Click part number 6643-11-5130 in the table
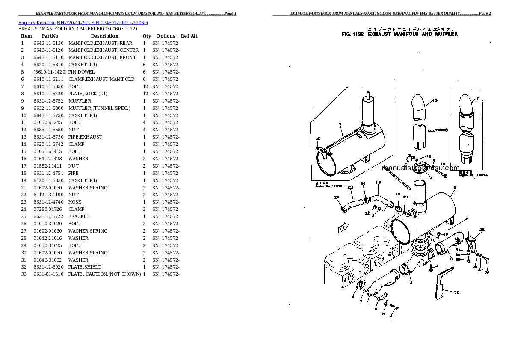[48, 43]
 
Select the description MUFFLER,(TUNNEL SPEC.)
[99, 108]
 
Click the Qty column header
[147, 36]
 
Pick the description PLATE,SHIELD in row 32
[85, 267]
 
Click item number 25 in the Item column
[24, 216]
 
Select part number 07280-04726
[47, 209]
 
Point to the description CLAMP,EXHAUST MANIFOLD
[101, 79]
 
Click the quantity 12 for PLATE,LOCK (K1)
[145, 94]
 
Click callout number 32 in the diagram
[456, 292]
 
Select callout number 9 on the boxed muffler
[341, 124]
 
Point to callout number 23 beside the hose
[350, 187]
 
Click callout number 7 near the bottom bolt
[390, 318]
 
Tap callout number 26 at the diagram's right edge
[487, 272]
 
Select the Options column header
[166, 36]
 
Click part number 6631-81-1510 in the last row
[48, 274]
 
